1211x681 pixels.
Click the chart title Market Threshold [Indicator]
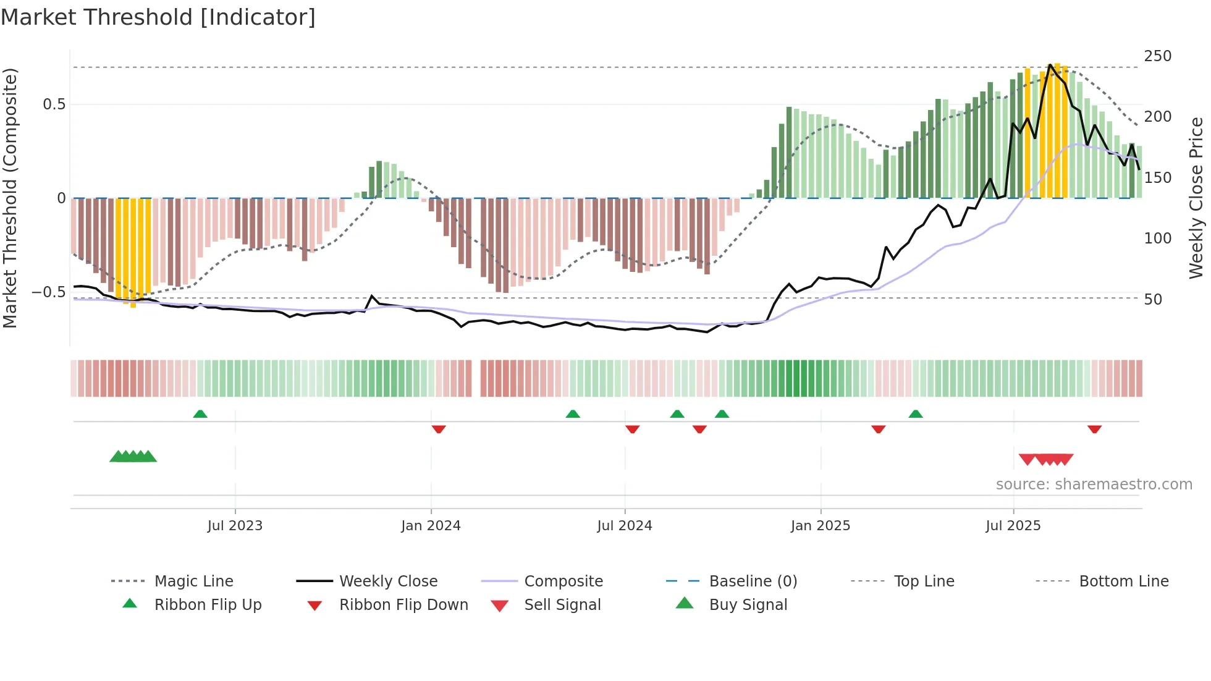click(x=158, y=17)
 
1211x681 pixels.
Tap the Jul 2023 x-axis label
click(x=235, y=526)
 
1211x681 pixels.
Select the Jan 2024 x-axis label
click(x=431, y=526)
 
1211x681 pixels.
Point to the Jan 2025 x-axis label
click(x=821, y=526)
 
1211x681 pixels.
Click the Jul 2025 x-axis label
click(x=1013, y=526)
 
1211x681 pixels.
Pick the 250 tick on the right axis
click(x=1157, y=56)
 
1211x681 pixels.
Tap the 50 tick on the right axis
click(x=1153, y=300)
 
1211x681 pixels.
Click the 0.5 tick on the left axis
click(x=54, y=104)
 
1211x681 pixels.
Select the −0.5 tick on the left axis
click(x=49, y=292)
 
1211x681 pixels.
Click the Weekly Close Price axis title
click(x=1196, y=198)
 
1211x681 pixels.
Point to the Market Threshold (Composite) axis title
click(x=11, y=198)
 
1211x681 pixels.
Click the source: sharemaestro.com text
click(x=1094, y=484)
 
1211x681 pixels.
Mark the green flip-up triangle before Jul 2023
click(x=200, y=414)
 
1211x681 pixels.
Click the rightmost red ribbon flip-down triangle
click(x=1094, y=429)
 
